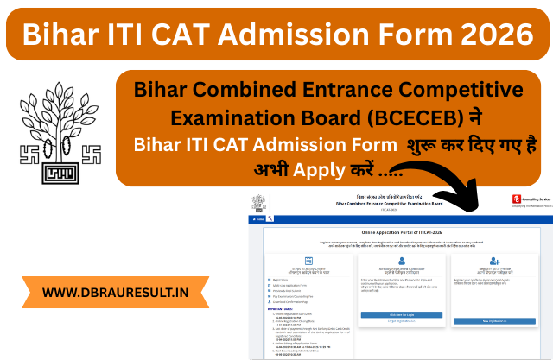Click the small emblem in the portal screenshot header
pos(257,203)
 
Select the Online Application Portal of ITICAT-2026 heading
pos(397,234)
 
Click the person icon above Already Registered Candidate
pos(396,260)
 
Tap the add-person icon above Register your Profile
pos(495,260)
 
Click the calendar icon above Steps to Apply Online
pos(297,260)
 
